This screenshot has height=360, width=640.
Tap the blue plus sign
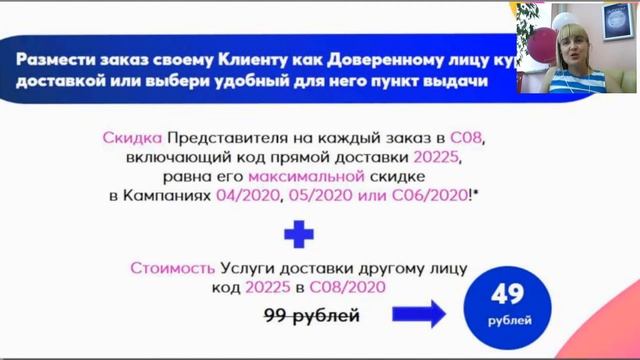pyautogui.click(x=291, y=235)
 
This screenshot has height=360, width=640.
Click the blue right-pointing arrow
pyautogui.click(x=419, y=316)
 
